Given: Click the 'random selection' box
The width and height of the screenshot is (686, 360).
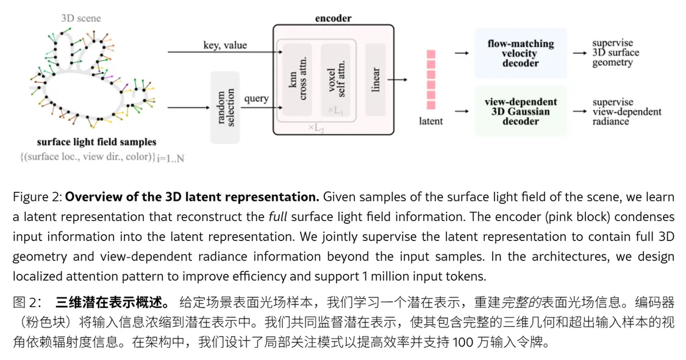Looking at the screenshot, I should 224,107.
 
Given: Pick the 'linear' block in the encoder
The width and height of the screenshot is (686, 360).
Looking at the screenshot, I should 375,79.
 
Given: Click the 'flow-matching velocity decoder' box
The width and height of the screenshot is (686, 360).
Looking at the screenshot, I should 520,53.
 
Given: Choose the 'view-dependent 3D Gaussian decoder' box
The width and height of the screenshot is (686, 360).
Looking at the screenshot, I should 520,112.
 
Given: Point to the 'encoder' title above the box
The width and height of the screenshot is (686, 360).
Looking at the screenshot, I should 333,18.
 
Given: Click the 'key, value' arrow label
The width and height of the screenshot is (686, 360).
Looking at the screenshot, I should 225,45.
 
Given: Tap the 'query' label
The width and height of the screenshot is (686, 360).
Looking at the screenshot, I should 256,98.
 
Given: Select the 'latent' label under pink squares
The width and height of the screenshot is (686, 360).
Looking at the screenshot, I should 431,121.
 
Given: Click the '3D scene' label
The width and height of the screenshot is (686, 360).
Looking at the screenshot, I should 81,18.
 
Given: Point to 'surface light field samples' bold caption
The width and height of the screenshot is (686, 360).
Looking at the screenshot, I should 96,142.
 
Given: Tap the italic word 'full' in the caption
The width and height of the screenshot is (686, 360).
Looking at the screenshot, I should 279,217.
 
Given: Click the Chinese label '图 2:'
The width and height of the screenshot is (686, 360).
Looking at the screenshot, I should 28,302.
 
